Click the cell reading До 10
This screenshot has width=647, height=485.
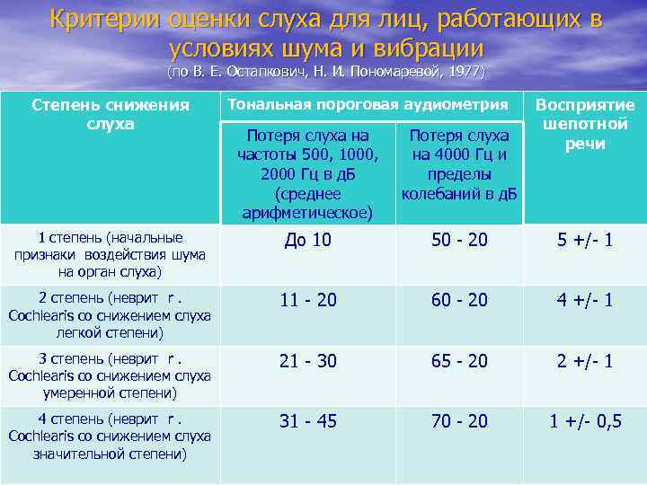coord(308,240)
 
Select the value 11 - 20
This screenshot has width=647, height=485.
coord(308,300)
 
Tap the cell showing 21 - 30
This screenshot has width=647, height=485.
coord(308,360)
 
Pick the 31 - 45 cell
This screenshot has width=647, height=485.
coord(308,420)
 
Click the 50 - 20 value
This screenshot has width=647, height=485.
coord(459,240)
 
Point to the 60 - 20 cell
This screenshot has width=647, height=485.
coord(459,300)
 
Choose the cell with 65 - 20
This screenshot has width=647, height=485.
coord(459,360)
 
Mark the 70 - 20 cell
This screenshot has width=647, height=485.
coord(459,420)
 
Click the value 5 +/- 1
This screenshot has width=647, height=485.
coord(584,240)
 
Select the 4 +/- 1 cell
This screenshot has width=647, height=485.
coord(584,300)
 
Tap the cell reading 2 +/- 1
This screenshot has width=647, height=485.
coord(584,360)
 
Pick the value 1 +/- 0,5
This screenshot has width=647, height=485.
coord(585,420)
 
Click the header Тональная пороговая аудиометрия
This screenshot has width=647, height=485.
coord(368,104)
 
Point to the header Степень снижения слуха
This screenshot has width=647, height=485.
coord(111,114)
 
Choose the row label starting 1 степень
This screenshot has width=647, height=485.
coord(111,254)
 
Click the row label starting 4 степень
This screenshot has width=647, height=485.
coord(110,436)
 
